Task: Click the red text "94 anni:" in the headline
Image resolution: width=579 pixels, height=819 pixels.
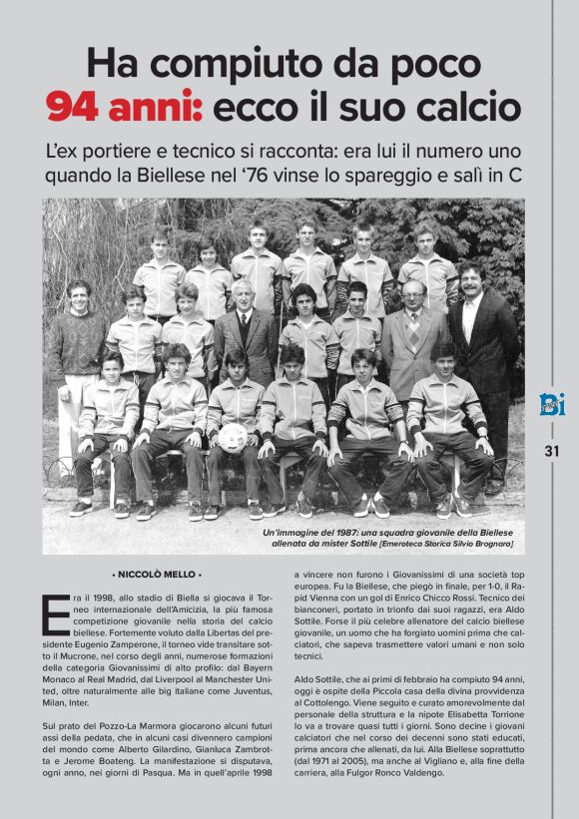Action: (125, 106)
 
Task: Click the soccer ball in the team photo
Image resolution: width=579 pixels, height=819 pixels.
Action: (233, 437)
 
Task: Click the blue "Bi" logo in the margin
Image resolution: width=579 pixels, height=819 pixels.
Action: (552, 403)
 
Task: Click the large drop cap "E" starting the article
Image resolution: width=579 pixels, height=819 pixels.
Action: (57, 615)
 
